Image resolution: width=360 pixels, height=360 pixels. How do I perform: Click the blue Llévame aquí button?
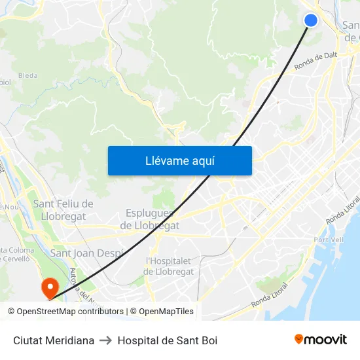tap(179, 160)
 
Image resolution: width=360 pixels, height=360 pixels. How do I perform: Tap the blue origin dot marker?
tap(311, 20)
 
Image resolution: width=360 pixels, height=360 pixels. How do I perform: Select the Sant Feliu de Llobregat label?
tap(63, 210)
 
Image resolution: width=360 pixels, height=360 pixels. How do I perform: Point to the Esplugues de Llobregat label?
tap(150, 219)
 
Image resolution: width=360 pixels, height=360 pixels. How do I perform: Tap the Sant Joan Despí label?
tap(86, 253)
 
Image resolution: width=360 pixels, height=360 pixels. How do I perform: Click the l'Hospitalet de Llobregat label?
tap(169, 266)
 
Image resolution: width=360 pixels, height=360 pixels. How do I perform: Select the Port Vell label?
tap(329, 240)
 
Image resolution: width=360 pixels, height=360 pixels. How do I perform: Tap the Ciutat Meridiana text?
tap(54, 340)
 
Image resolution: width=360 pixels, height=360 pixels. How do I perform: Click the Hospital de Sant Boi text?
tap(168, 340)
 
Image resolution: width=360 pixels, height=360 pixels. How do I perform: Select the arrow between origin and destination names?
tap(106, 340)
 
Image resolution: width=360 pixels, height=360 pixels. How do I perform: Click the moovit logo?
tap(320, 340)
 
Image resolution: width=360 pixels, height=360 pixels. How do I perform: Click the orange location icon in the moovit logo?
tap(299, 340)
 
